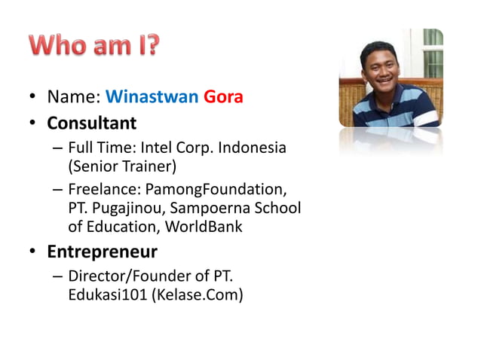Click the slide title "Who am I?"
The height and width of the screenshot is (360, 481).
(95, 46)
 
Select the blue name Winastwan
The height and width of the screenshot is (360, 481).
(152, 97)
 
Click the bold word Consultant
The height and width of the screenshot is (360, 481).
(92, 122)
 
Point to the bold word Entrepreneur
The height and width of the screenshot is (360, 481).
(103, 250)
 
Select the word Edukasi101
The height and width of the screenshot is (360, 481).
(107, 294)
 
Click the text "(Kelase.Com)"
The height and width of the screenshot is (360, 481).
(198, 294)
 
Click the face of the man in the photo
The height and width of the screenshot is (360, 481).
(381, 64)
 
